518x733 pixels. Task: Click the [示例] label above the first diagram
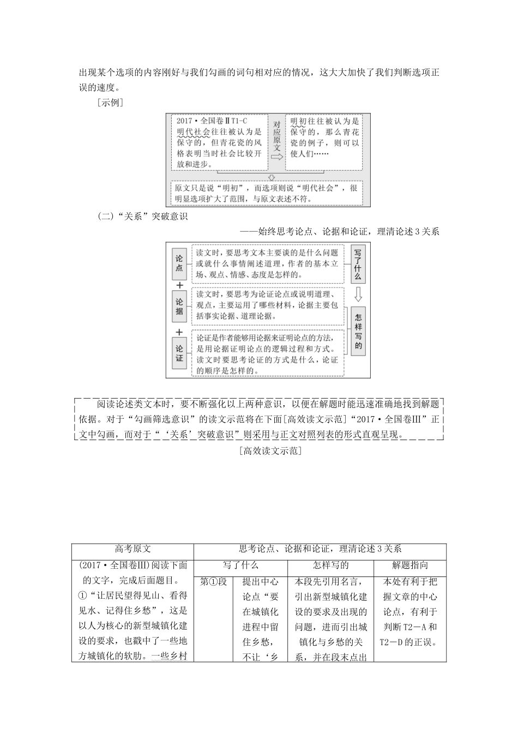tap(109, 103)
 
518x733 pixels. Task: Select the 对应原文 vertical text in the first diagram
tap(277, 136)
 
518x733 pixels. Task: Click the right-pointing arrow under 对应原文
tap(277, 157)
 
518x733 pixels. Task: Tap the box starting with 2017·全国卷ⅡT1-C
tap(219, 142)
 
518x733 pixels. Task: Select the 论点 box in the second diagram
tap(179, 263)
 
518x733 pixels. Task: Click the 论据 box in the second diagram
tap(179, 307)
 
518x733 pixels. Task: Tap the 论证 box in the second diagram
tap(179, 353)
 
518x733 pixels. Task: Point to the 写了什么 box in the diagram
tap(358, 264)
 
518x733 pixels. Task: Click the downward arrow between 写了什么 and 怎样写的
tap(358, 295)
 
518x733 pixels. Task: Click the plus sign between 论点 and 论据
tap(179, 285)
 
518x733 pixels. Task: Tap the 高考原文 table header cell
tap(132, 549)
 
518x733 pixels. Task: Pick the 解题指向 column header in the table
tap(409, 566)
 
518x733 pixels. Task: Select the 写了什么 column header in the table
tap(240, 566)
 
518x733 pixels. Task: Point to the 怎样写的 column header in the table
tap(330, 566)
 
